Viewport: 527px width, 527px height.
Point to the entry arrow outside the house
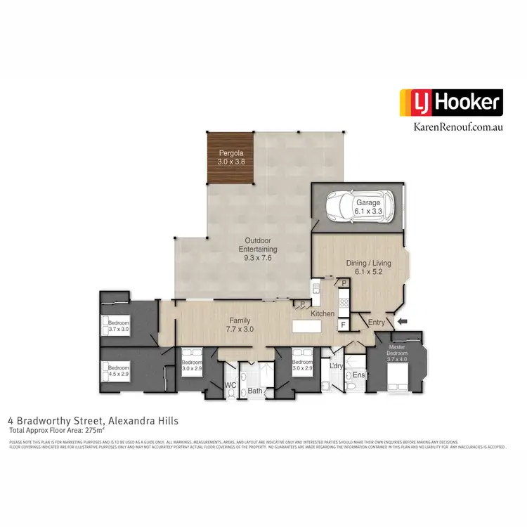point(403,321)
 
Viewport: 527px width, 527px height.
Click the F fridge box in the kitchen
point(344,325)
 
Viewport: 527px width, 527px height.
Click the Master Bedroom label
point(397,350)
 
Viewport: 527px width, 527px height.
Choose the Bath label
point(254,390)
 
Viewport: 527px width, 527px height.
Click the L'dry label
point(335,366)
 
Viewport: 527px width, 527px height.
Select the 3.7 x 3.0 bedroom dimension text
point(119,328)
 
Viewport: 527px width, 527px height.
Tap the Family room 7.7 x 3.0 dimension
point(240,328)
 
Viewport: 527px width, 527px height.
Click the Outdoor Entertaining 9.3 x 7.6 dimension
point(256,257)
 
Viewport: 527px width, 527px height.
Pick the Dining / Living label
point(368,263)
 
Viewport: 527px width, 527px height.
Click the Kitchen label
point(323,313)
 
